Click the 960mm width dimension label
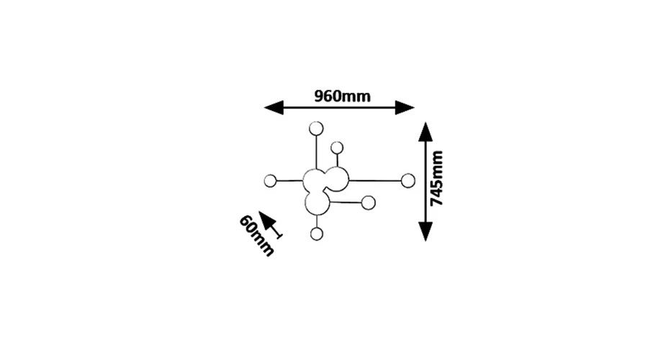342,96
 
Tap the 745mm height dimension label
436,179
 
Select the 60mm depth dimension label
256,235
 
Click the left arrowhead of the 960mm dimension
274,107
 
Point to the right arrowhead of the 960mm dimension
405,107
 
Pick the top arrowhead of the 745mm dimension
426,132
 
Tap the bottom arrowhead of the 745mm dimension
426,231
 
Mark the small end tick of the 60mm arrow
279,236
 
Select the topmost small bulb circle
316,129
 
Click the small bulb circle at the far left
270,181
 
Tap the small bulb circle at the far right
408,181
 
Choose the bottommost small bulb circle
317,234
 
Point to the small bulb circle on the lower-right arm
368,203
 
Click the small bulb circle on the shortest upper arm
337,148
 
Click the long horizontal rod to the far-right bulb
375,181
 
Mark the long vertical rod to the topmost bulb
316,152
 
